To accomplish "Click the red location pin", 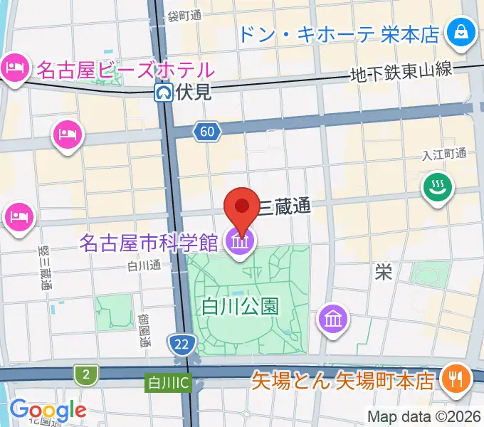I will [241, 207].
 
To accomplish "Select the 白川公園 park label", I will [239, 307].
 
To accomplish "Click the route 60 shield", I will [206, 131].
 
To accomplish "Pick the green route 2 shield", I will [86, 374].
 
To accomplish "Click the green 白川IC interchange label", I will [168, 383].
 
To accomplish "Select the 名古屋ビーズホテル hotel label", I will [125, 70].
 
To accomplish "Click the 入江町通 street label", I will [443, 154].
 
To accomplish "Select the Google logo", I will [48, 410].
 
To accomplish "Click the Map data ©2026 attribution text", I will [423, 416].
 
